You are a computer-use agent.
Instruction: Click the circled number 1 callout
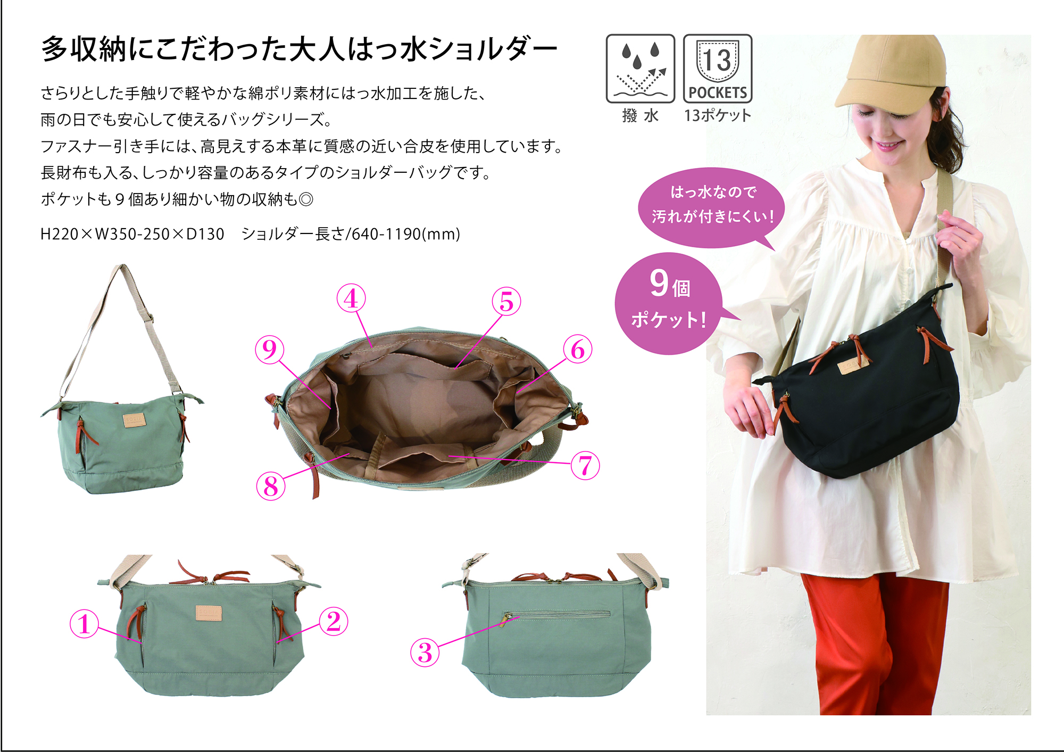pos(84,624)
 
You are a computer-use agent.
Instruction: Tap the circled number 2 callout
pos(334,621)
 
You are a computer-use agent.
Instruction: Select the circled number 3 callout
pos(425,653)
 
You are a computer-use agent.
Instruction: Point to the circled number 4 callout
pos(351,298)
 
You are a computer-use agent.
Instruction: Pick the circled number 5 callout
pos(506,302)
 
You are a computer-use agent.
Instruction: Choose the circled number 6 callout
pos(578,349)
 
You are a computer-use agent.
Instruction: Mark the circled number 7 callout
pos(585,465)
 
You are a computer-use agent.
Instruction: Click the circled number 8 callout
pos(271,486)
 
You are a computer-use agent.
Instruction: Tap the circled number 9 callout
pos(270,349)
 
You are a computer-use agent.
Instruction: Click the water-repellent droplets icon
pos(641,69)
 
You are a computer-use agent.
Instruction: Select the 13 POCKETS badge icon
pos(718,69)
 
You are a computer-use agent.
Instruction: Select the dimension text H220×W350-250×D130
pos(132,234)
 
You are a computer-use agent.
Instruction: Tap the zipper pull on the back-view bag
pos(506,619)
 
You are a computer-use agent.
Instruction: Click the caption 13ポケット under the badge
pos(718,115)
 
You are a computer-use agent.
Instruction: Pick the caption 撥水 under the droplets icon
pos(641,115)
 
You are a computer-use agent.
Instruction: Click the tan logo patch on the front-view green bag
pos(209,613)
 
